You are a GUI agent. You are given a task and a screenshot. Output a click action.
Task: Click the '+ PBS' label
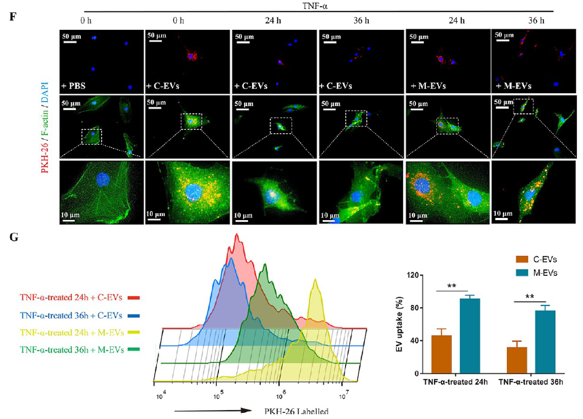point(76,86)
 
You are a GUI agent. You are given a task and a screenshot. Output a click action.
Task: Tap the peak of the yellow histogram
point(314,279)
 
